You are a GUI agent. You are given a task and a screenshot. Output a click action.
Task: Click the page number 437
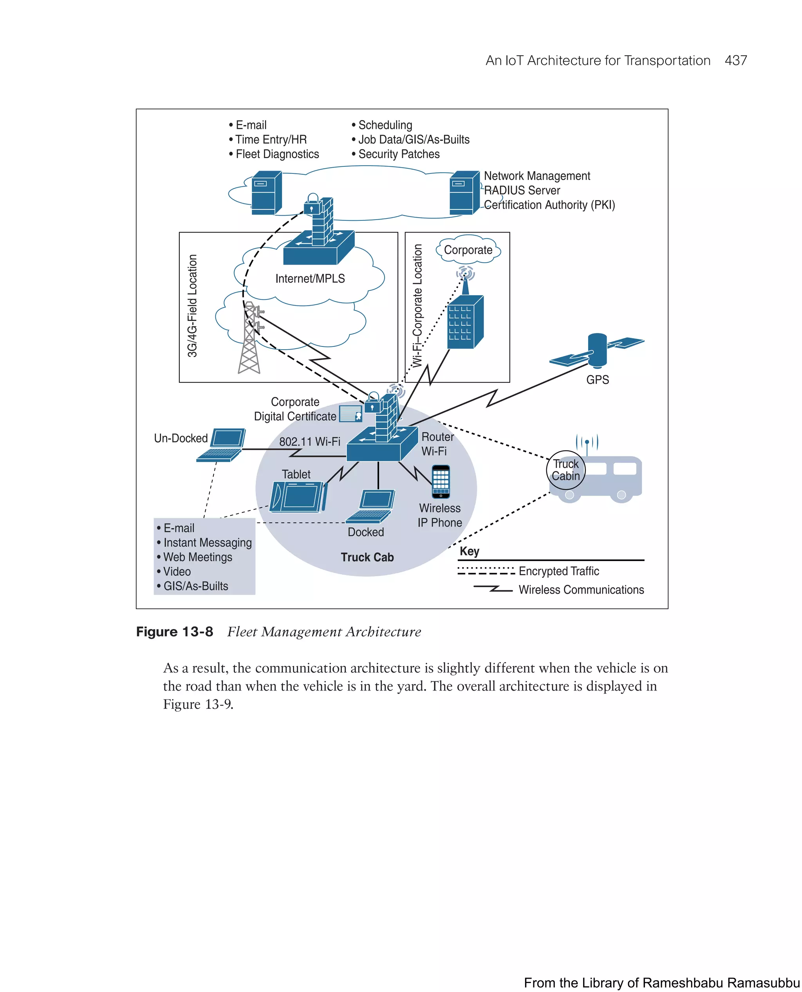click(735, 61)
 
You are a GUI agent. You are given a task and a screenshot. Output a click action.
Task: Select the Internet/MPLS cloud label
click(310, 278)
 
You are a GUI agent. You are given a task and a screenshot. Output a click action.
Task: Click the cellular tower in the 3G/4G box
click(250, 338)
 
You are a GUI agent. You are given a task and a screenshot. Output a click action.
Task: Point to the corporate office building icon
click(465, 322)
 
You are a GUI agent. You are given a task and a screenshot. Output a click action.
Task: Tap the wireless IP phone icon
click(441, 481)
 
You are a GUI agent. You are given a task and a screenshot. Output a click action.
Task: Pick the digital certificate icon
click(350, 414)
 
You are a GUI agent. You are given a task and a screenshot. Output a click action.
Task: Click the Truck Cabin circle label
click(565, 470)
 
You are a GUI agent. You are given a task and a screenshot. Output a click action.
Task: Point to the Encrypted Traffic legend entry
click(558, 571)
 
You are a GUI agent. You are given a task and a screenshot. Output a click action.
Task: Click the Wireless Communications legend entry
click(581, 590)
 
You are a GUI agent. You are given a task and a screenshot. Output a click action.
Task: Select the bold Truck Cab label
click(367, 557)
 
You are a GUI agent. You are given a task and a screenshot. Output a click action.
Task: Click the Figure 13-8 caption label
click(175, 631)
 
